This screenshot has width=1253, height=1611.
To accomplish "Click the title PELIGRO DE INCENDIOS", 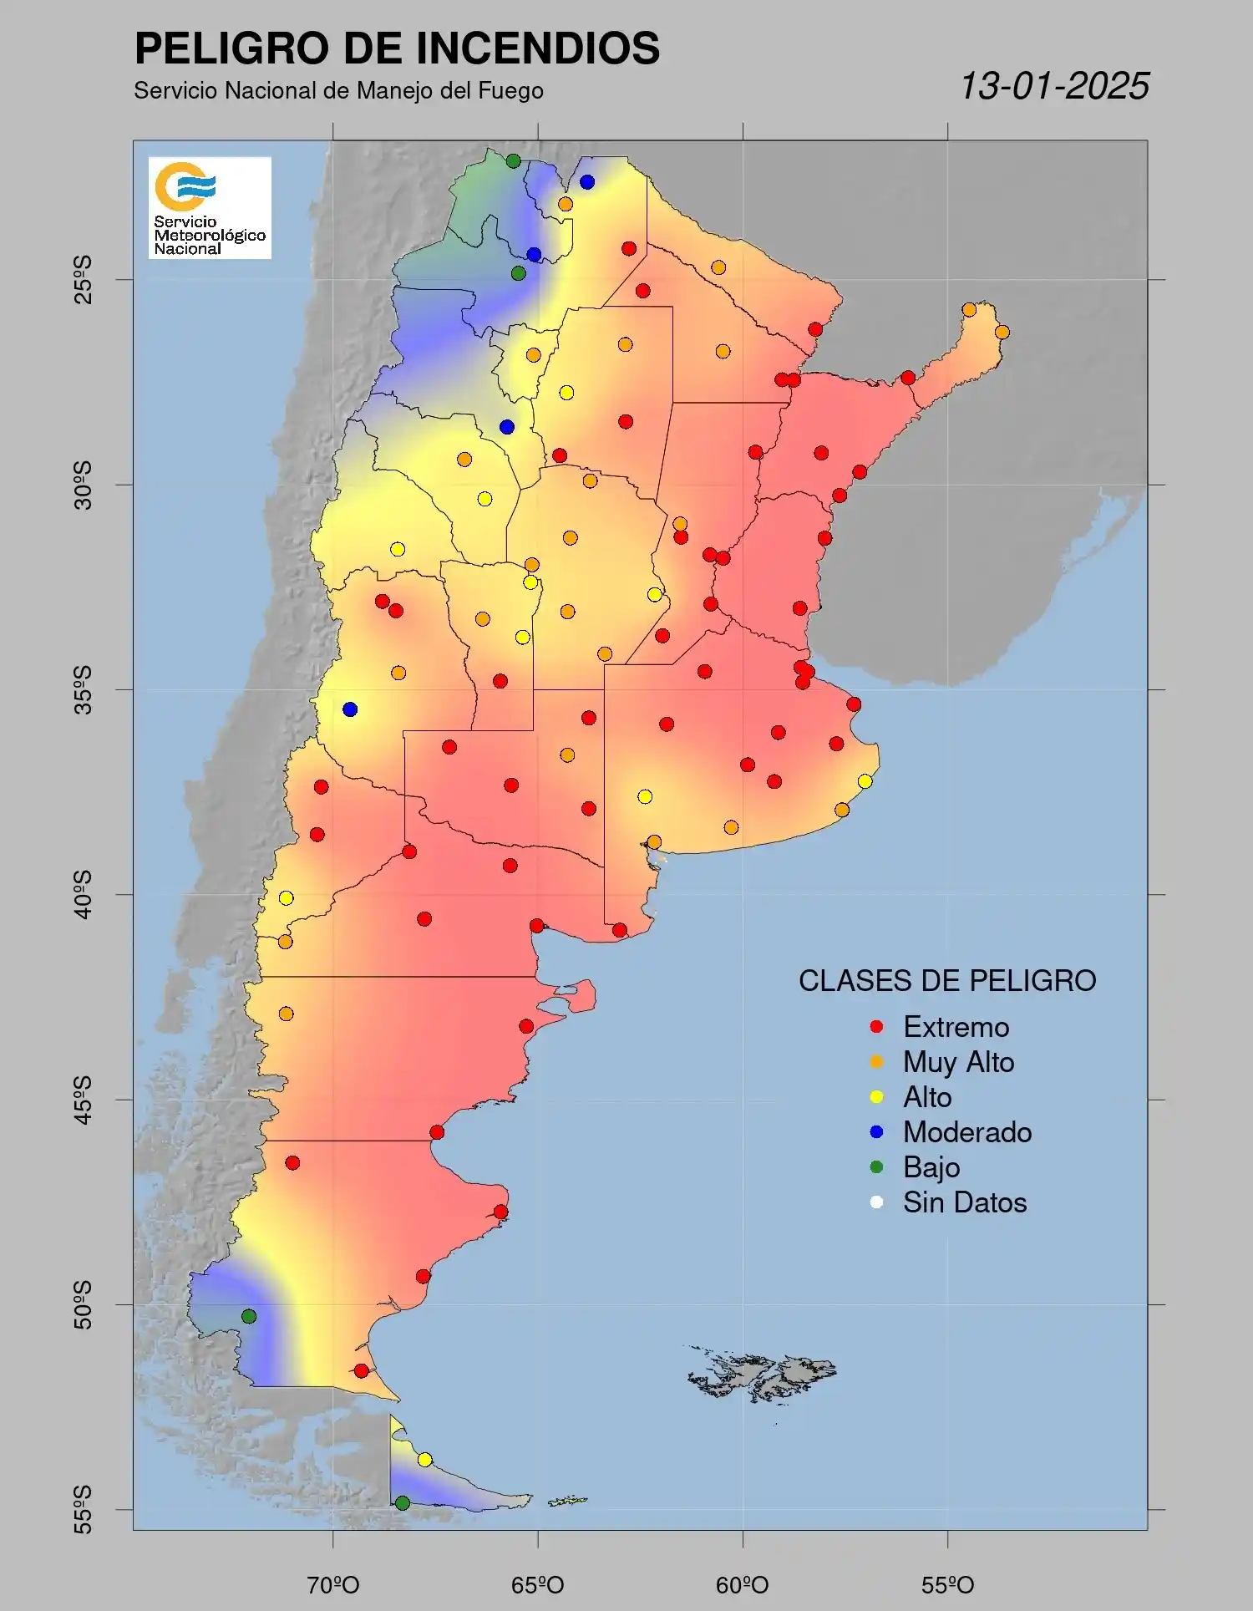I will pyautogui.click(x=397, y=48).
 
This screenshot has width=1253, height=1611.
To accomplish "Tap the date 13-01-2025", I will pyautogui.click(x=1054, y=86).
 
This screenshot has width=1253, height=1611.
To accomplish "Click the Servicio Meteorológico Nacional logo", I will pyautogui.click(x=210, y=207).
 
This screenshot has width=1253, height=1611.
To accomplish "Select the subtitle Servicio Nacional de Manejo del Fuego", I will pyautogui.click(x=338, y=91).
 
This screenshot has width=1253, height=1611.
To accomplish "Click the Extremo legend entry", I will pyautogui.click(x=955, y=1027).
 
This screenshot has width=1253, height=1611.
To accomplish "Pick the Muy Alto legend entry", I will pyautogui.click(x=957, y=1062).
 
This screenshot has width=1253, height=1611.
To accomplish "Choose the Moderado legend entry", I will pyautogui.click(x=966, y=1132).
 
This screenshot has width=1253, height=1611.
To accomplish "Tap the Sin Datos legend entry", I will pyautogui.click(x=964, y=1202).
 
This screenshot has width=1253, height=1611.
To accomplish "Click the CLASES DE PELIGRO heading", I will pyautogui.click(x=947, y=981).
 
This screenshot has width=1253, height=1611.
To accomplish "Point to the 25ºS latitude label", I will pyautogui.click(x=83, y=280).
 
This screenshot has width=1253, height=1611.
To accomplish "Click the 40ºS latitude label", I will pyautogui.click(x=83, y=895).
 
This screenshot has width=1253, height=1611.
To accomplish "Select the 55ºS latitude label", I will pyautogui.click(x=83, y=1509).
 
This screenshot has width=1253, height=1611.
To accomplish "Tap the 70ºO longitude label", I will pyautogui.click(x=333, y=1585).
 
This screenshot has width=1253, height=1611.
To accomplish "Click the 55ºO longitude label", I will pyautogui.click(x=947, y=1585).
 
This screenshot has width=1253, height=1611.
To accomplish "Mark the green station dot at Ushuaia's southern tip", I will pyautogui.click(x=402, y=1503).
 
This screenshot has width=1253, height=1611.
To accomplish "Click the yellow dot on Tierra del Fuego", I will pyautogui.click(x=424, y=1460).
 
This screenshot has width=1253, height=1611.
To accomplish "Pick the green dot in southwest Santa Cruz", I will pyautogui.click(x=248, y=1316).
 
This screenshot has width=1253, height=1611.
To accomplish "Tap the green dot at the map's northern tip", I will pyautogui.click(x=513, y=161).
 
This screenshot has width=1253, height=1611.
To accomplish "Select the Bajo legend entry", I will pyautogui.click(x=931, y=1167).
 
